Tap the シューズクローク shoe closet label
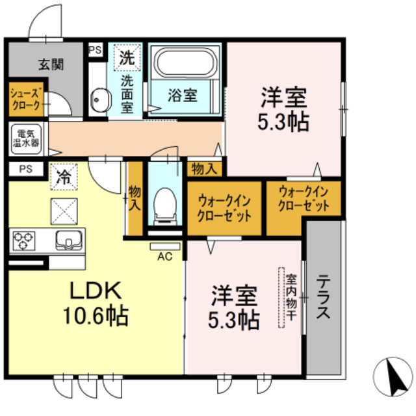coord(27,99)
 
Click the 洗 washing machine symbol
coord(127,57)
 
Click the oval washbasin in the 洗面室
coord(99,100)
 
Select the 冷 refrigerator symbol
coord(64,176)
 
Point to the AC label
coord(164,257)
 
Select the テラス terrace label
coord(323,296)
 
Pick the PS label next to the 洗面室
coord(95,49)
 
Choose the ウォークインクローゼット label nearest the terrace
coord(304,198)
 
